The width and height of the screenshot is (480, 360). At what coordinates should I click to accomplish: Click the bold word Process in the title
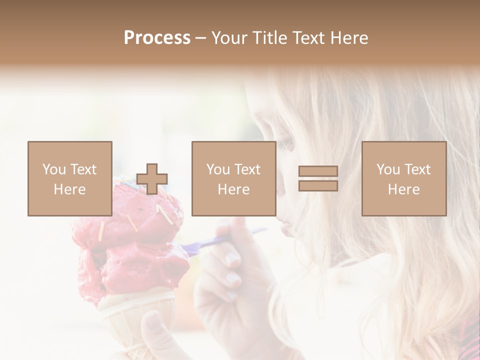click(157, 38)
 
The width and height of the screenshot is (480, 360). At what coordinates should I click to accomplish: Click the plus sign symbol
click(152, 179)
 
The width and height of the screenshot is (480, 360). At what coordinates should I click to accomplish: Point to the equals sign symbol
click(318, 178)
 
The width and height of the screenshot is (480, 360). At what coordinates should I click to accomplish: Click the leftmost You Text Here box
click(70, 178)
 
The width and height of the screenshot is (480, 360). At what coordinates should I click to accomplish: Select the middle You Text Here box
click(234, 178)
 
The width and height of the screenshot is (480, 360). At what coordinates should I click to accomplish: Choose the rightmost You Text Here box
click(404, 178)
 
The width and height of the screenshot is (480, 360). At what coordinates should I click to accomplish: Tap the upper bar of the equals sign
click(318, 171)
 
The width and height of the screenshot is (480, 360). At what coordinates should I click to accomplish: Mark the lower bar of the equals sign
click(318, 185)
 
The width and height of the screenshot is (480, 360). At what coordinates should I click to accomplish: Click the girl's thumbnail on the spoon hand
click(231, 259)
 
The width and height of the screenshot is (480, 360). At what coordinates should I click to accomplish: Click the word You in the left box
click(54, 169)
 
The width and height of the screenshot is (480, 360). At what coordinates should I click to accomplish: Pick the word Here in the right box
click(404, 189)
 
